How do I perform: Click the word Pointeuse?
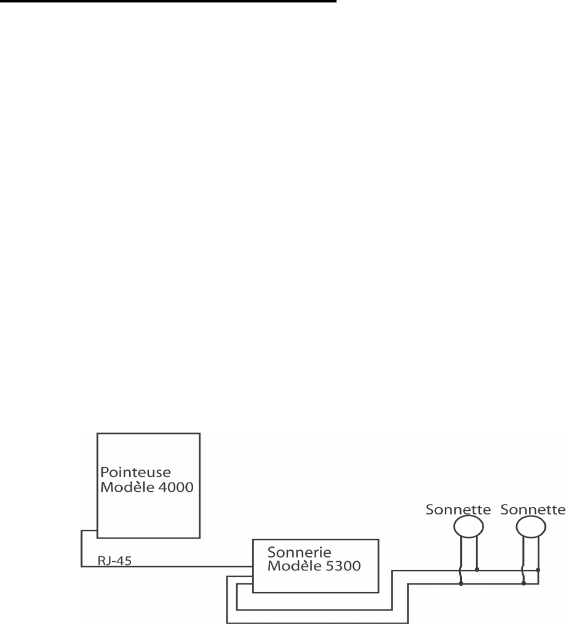point(127,471)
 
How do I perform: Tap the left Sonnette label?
point(458,510)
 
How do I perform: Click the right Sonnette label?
point(533,510)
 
